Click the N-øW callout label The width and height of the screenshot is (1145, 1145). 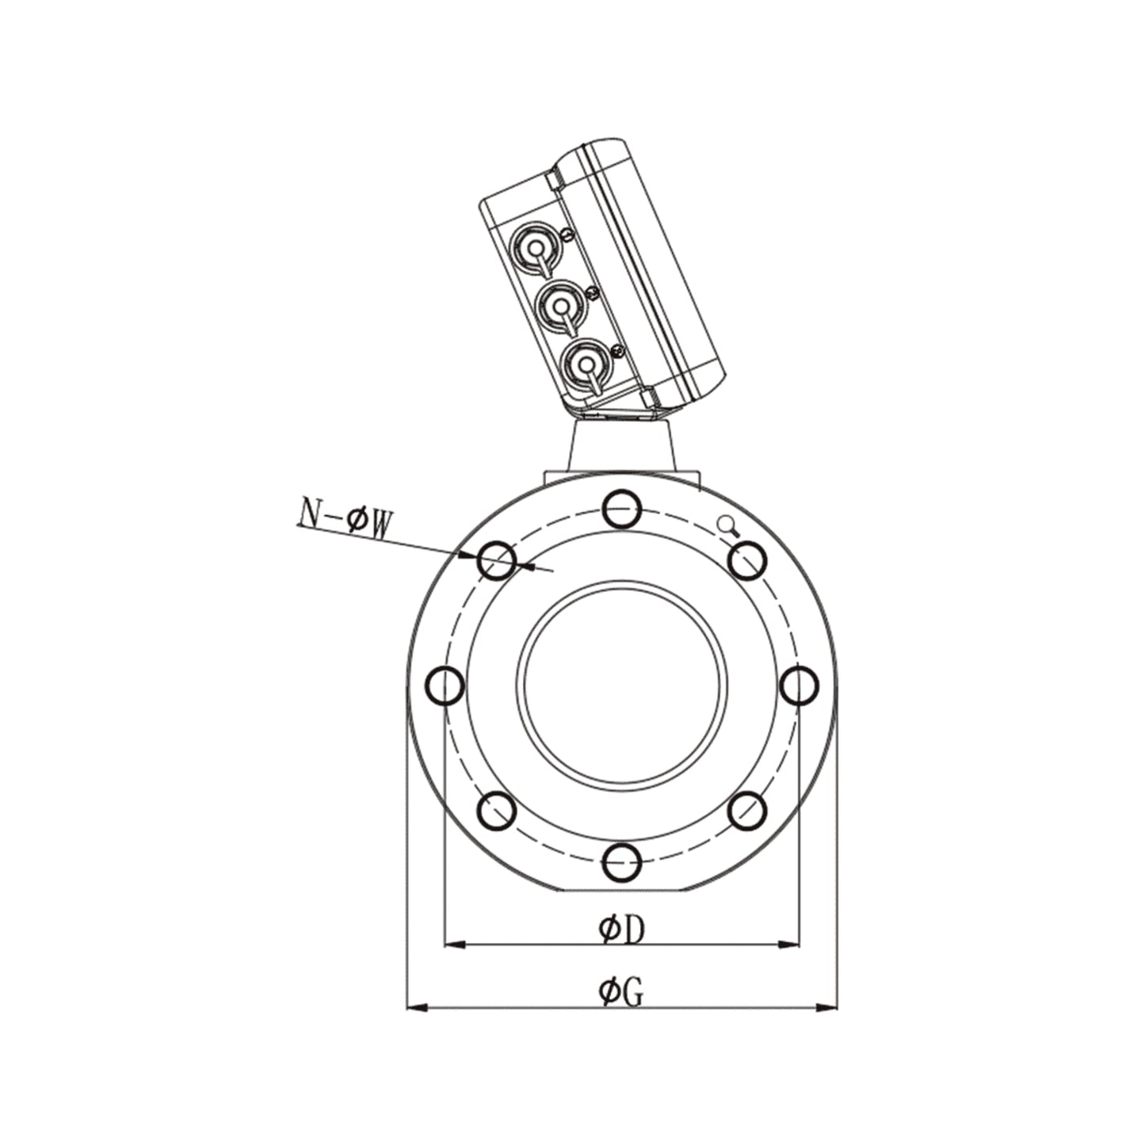coord(345,521)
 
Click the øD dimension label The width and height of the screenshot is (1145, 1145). coord(622,929)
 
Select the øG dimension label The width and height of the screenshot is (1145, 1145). coord(622,991)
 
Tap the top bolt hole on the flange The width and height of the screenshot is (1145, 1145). coord(622,509)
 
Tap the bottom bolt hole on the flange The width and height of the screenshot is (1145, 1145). coord(622,861)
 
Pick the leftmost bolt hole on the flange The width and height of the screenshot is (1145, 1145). coord(445,685)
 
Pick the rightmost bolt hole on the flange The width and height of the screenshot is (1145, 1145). coord(799,685)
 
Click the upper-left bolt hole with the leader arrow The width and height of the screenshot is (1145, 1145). coord(498,560)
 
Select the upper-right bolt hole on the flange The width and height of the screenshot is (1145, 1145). coord(747,560)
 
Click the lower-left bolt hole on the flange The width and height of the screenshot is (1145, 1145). coord(498,811)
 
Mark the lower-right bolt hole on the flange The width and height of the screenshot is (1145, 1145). coord(747,811)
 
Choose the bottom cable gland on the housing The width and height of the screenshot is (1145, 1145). coord(585,364)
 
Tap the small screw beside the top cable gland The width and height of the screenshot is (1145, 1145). coord(566,234)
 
